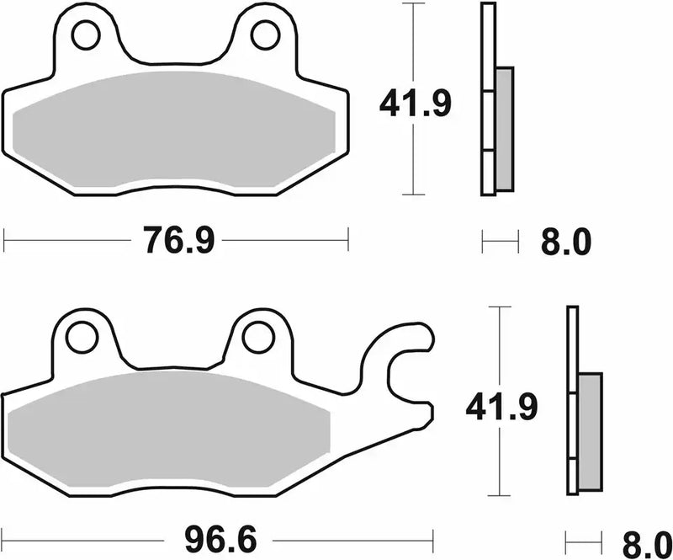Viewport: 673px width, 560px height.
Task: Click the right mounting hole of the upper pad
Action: coord(265,35)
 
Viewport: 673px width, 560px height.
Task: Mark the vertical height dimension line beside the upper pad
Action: coord(411,51)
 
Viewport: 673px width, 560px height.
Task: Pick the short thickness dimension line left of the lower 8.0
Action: coord(585,536)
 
